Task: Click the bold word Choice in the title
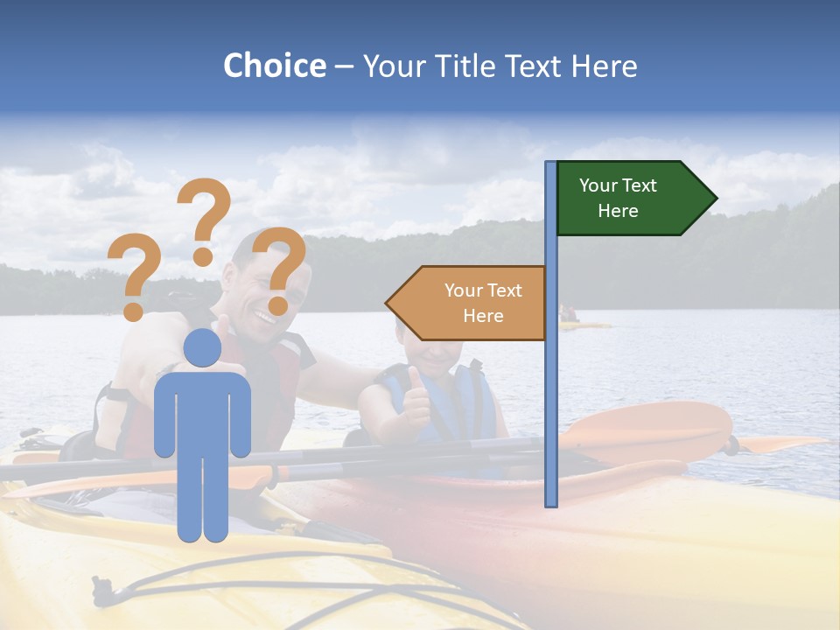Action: (x=274, y=66)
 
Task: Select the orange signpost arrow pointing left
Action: (x=468, y=304)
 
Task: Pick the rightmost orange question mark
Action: (x=279, y=269)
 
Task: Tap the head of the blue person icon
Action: (x=203, y=347)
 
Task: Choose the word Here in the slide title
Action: (x=604, y=66)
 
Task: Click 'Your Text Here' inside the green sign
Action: (x=618, y=198)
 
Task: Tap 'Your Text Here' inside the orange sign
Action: (x=483, y=303)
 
